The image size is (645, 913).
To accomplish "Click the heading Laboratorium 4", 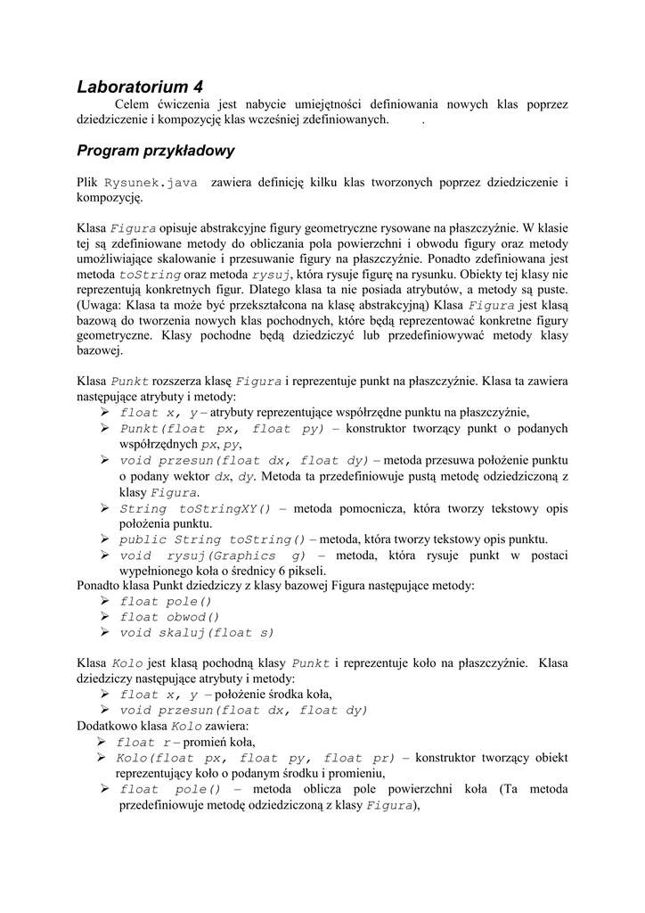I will (x=140, y=86).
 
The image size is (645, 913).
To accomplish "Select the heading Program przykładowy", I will (x=155, y=151).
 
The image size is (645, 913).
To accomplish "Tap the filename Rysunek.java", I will (x=151, y=183).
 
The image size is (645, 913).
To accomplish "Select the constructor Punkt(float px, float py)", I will (x=222, y=429).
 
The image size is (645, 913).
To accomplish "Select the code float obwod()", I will (x=169, y=617).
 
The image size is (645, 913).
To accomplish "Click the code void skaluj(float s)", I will (x=197, y=633).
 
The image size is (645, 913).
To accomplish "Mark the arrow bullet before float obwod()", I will (x=105, y=617).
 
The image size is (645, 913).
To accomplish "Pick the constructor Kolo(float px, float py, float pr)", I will (x=255, y=758).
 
